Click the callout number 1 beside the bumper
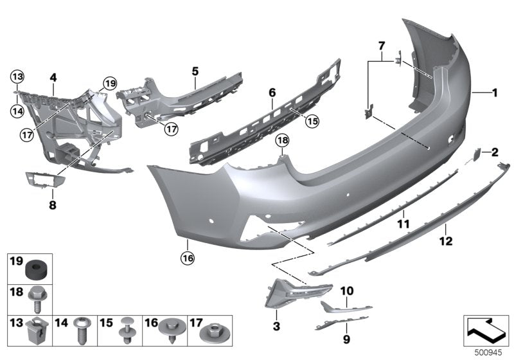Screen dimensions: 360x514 [x=495, y=93]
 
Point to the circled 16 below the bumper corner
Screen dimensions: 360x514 [x=187, y=259]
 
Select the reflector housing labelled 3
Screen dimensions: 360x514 [x=292, y=294]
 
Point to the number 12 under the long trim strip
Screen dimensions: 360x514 [x=445, y=242]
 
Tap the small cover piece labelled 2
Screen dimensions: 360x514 [x=479, y=152]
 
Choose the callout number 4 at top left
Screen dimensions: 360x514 [x=53, y=78]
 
